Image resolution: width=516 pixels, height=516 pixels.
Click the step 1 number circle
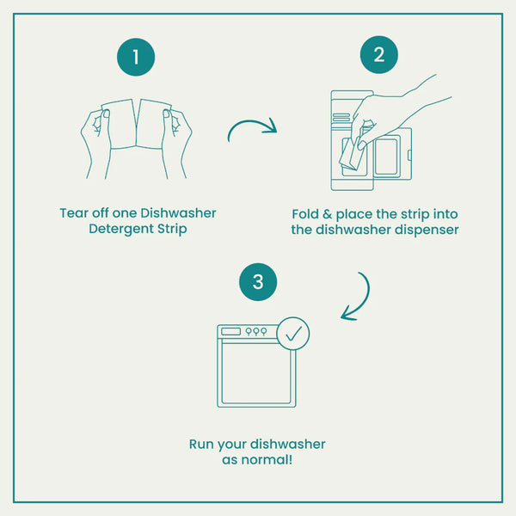[136, 57]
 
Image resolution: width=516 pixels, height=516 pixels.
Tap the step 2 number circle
[379, 55]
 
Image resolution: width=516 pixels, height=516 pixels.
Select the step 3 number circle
[258, 282]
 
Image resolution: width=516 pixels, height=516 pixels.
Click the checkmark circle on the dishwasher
[293, 334]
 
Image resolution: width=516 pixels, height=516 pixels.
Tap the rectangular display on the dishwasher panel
[230, 331]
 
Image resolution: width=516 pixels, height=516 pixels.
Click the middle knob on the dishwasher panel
[256, 331]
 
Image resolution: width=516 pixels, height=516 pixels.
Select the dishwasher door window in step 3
[256, 374]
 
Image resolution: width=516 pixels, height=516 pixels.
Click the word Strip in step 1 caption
[172, 229]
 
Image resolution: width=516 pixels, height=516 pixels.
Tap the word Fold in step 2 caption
[305, 214]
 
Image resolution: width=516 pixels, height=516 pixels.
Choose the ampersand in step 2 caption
[327, 214]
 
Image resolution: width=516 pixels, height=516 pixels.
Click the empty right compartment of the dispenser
[386, 157]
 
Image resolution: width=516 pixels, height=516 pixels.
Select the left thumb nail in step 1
[106, 114]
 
